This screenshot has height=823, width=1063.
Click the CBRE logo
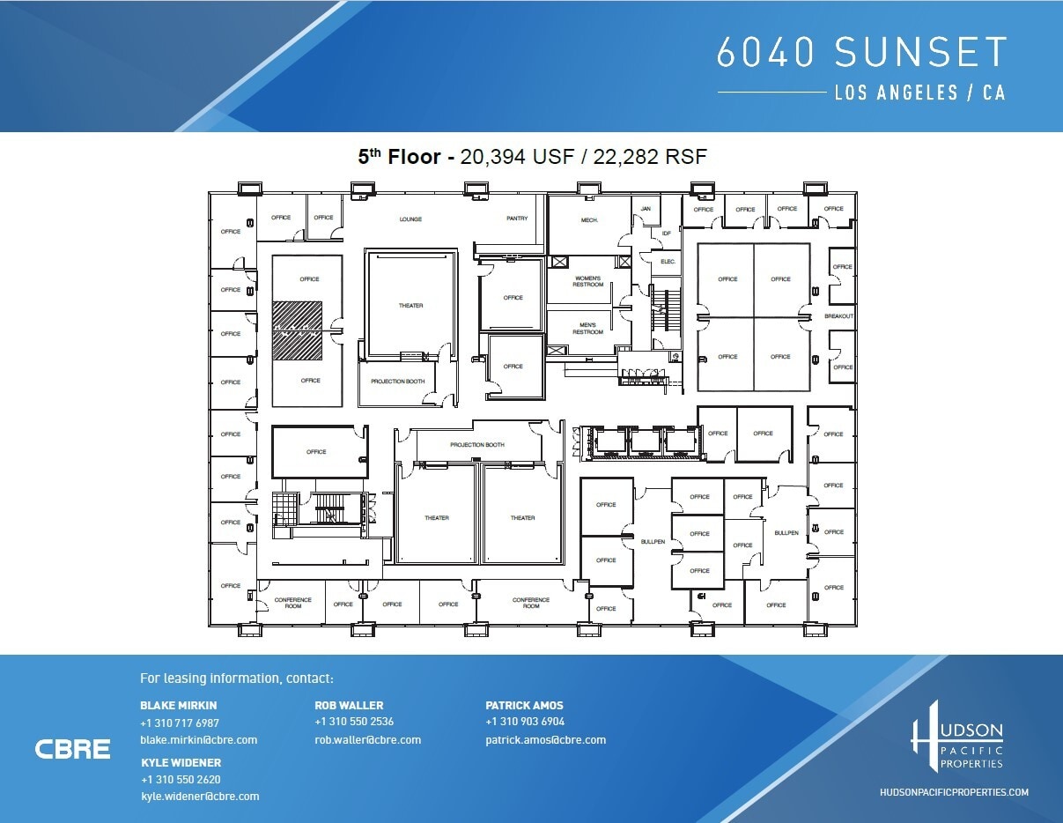[73, 749]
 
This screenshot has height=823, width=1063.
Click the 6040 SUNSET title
[860, 53]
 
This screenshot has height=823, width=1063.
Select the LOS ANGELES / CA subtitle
[919, 93]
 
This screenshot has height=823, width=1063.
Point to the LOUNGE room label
[410, 219]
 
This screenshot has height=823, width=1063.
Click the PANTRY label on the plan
[517, 219]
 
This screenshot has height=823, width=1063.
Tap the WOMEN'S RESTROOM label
[588, 282]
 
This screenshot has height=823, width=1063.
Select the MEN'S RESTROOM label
[588, 329]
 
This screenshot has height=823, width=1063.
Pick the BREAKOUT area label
[838, 316]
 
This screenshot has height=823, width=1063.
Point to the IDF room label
[667, 234]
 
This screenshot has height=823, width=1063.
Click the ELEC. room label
[668, 262]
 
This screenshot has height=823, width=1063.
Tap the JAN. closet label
[646, 209]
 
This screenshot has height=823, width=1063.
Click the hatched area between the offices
[297, 330]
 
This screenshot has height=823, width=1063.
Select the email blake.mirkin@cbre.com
[198, 740]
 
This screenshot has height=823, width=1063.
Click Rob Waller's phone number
[354, 722]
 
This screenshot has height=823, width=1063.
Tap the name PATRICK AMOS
[524, 705]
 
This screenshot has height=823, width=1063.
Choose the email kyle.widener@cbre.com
[200, 797]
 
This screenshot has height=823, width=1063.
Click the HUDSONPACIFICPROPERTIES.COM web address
[954, 792]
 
